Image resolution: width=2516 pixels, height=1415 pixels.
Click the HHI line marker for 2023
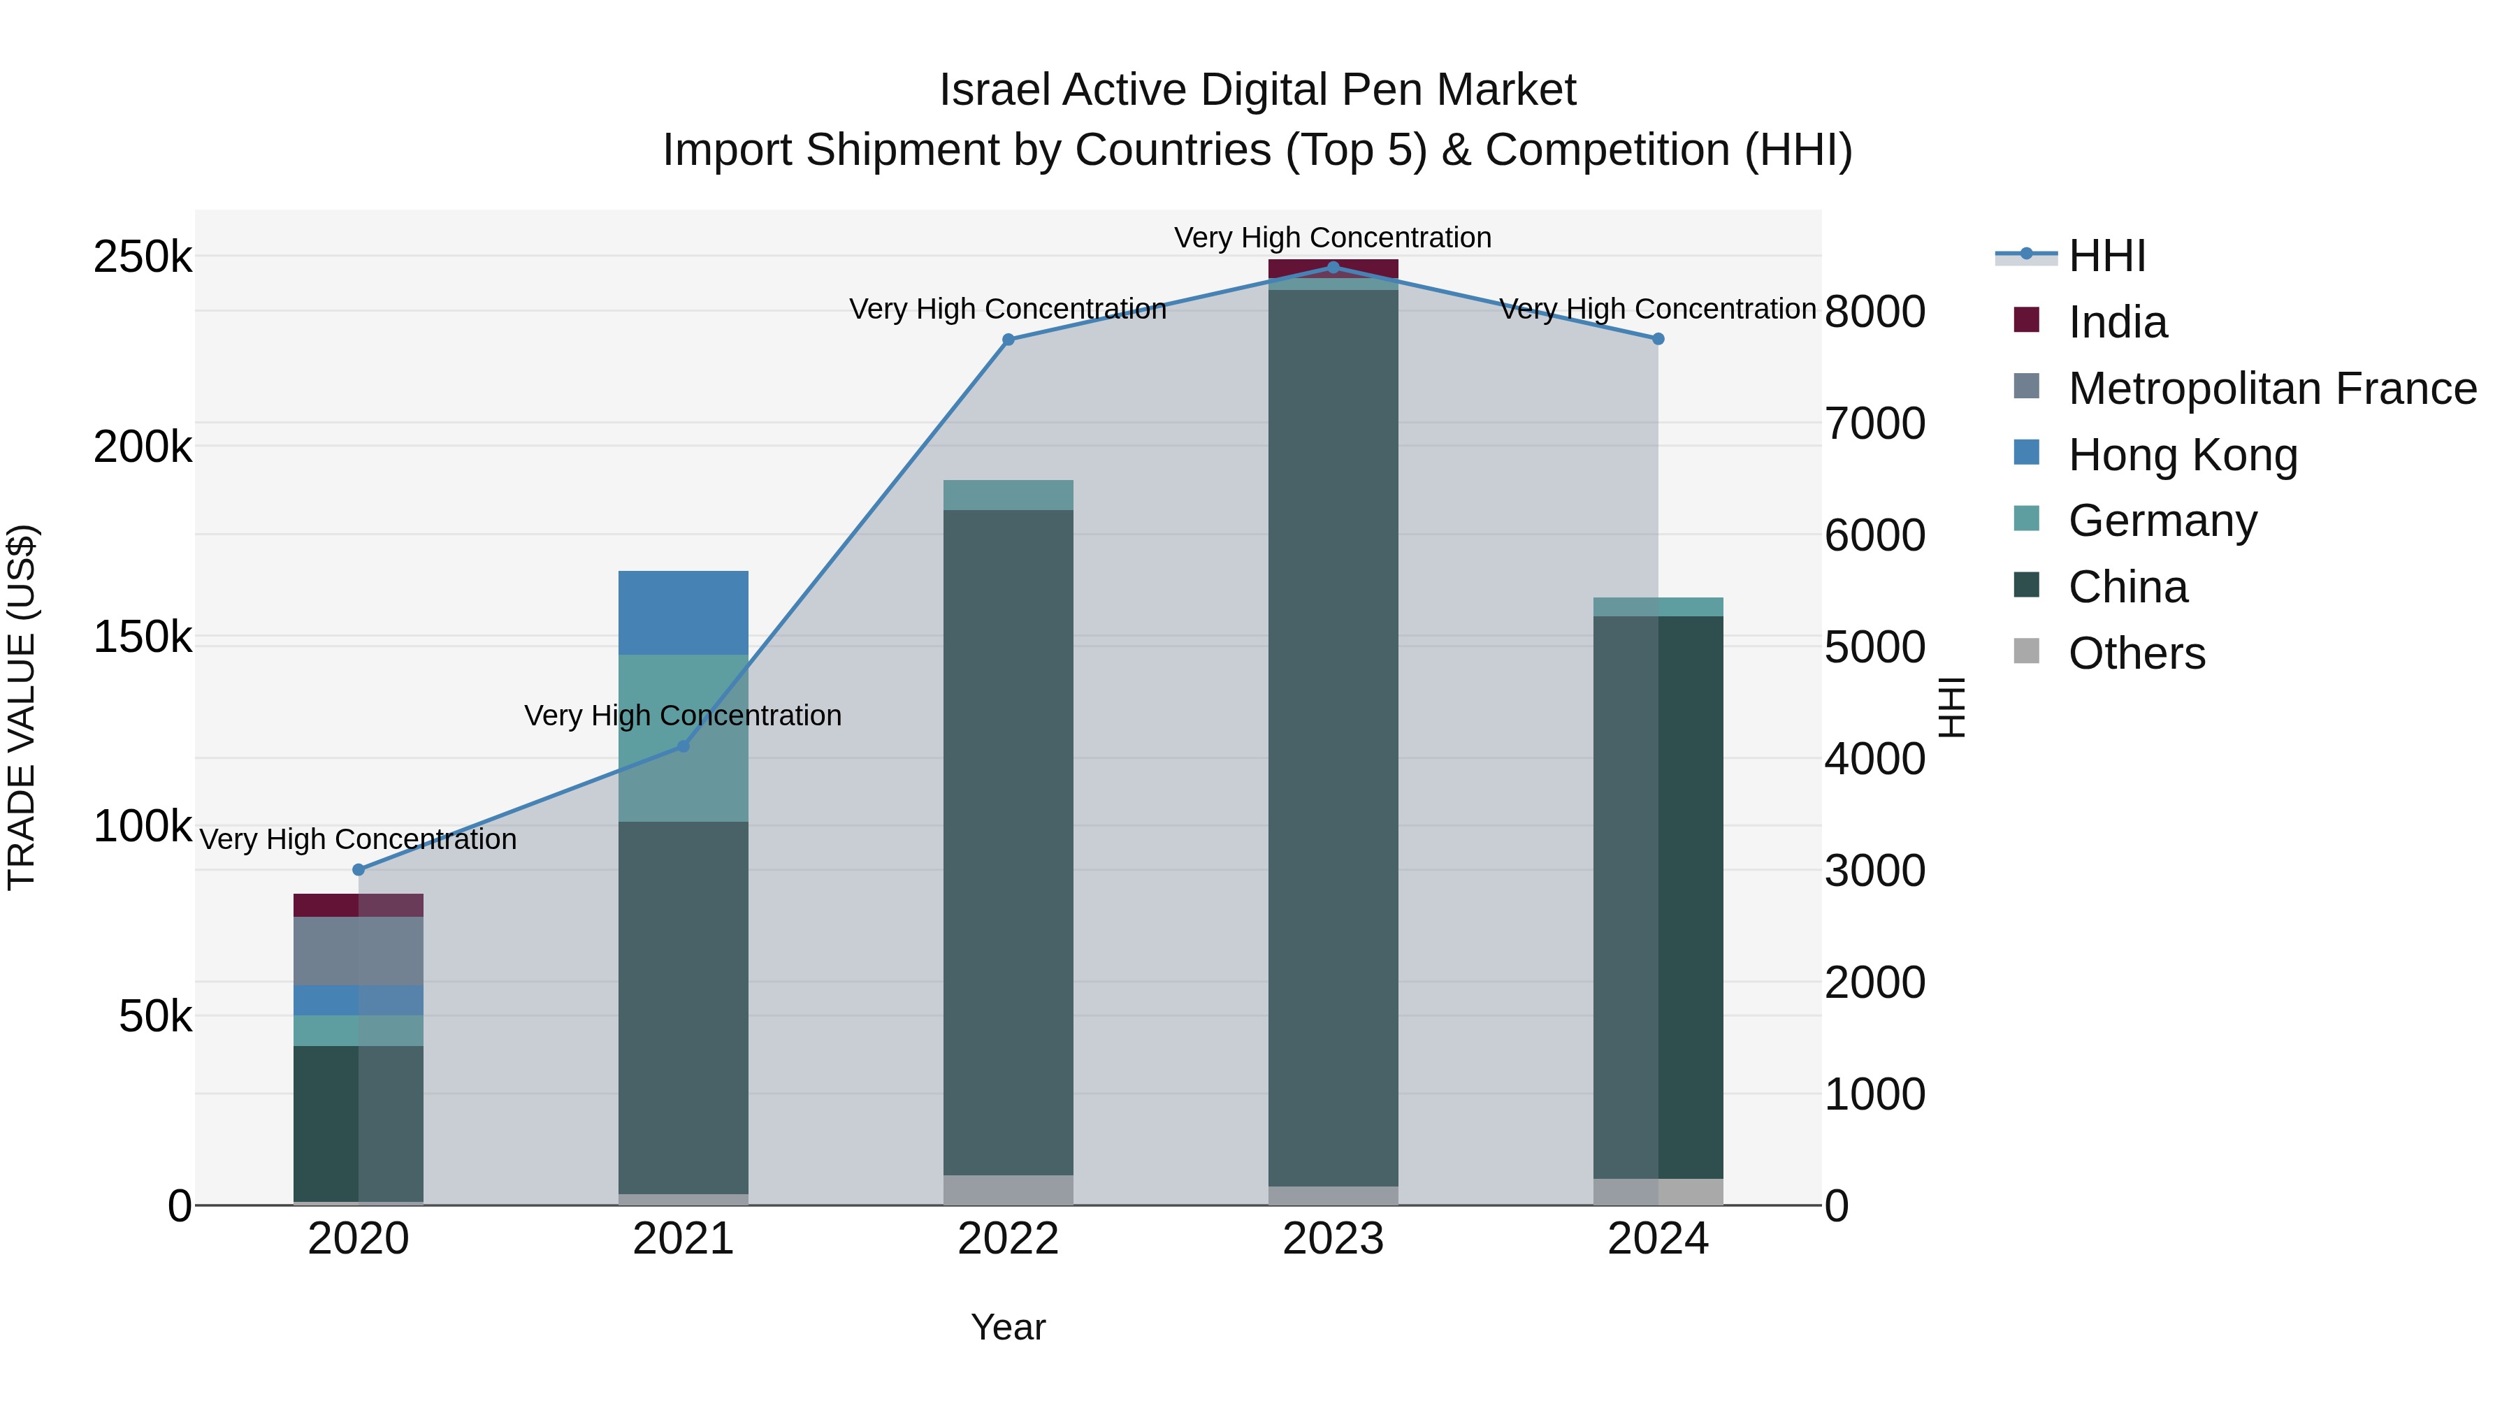(1333, 268)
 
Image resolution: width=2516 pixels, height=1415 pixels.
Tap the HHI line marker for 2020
(359, 869)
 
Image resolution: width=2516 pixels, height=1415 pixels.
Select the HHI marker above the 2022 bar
(1008, 340)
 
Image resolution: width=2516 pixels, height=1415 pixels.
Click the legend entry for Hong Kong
(2182, 455)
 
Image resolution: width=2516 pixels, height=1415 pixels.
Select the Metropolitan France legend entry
(2271, 389)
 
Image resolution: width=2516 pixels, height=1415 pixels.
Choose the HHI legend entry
(2106, 256)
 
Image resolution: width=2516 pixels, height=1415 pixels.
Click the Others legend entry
(2136, 653)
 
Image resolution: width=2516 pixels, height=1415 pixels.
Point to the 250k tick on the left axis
(143, 258)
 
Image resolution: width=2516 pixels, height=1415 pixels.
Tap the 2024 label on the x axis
(1658, 1239)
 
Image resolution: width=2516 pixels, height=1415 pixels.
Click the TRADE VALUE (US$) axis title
(22, 707)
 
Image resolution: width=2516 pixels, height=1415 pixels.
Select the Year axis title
(1008, 1327)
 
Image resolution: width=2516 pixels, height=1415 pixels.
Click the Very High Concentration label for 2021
(683, 716)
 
